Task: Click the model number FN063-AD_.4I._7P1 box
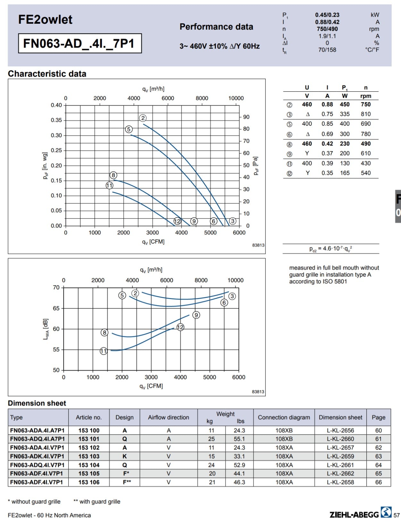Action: click(x=80, y=43)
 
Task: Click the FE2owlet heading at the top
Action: click(x=45, y=20)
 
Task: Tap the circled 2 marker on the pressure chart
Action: click(x=143, y=118)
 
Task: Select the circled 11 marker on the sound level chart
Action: click(x=104, y=351)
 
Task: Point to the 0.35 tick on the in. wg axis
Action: click(x=56, y=120)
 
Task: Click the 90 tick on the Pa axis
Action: click(x=246, y=117)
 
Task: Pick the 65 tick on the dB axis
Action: click(x=56, y=308)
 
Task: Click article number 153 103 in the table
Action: click(x=89, y=456)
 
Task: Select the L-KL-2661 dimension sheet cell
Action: click(x=340, y=465)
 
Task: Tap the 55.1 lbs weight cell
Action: click(x=239, y=439)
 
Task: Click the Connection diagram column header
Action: click(x=284, y=417)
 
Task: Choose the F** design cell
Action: click(x=127, y=482)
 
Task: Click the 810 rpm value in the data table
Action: click(x=366, y=114)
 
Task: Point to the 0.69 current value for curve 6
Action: click(x=327, y=134)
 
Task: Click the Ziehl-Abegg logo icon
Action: click(x=386, y=512)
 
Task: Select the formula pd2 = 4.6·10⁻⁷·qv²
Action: click(x=331, y=249)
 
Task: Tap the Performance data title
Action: click(x=216, y=27)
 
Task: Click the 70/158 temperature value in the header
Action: click(x=327, y=50)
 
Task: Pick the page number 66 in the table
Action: click(x=378, y=482)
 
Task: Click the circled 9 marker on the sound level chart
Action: click(x=196, y=315)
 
